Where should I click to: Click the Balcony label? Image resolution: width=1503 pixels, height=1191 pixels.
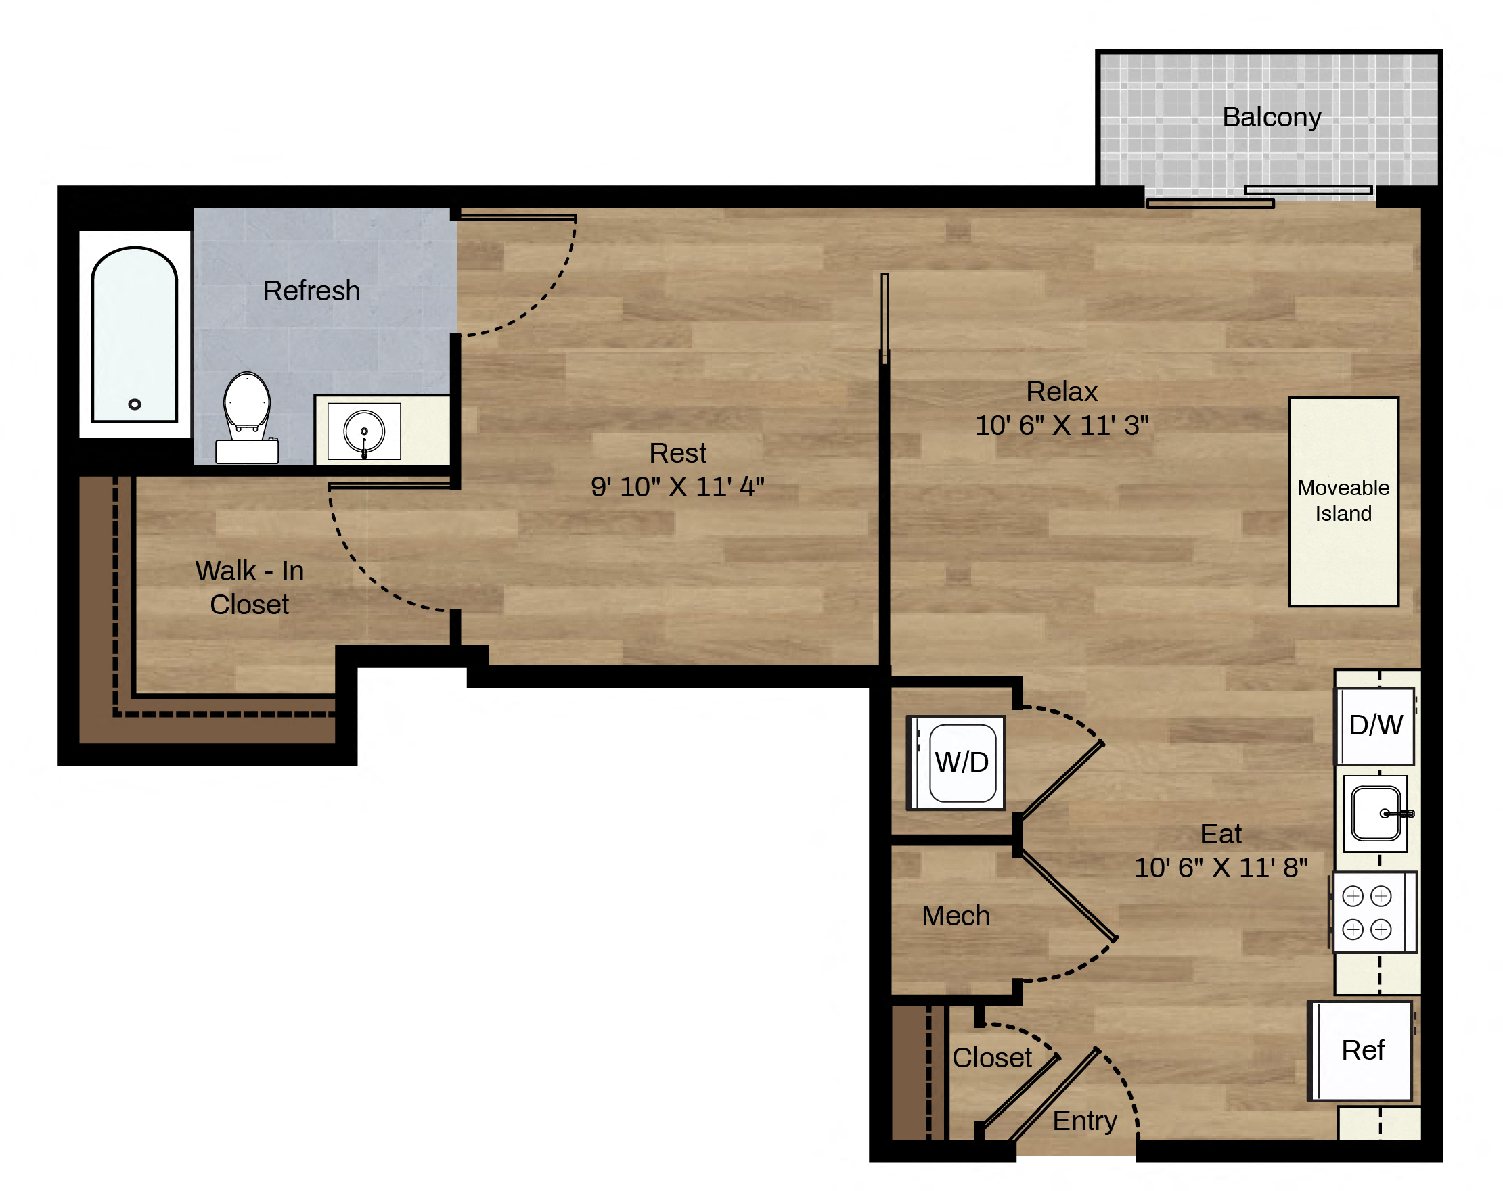pos(1272,117)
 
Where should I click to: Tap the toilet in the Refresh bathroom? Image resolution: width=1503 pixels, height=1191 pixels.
pos(247,417)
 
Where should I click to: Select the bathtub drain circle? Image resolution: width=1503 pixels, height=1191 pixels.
pos(135,404)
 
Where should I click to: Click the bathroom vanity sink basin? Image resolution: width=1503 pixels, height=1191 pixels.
pos(364,431)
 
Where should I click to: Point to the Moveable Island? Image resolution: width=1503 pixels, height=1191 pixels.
pos(1343,502)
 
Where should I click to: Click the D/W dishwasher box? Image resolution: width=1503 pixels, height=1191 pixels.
pos(1375,726)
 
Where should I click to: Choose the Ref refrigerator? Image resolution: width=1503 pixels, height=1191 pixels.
pos(1361,1051)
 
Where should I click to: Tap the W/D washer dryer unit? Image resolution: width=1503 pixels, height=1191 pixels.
pos(956,762)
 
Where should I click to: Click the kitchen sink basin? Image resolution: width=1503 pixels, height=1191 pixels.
pos(1375,814)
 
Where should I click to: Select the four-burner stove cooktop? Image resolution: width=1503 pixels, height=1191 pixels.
pos(1374,912)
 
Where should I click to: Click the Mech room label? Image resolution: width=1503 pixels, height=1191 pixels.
pos(956,916)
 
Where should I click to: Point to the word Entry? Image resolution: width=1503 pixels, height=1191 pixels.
pos(1085,1121)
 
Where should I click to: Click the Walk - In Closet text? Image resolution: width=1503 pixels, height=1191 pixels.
pos(250,588)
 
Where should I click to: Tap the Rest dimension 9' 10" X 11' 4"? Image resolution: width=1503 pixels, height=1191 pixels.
pos(677,487)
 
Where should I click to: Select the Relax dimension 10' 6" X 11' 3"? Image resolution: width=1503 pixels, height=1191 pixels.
pos(1062,425)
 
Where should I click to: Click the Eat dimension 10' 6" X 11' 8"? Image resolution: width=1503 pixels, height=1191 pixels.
pos(1221,868)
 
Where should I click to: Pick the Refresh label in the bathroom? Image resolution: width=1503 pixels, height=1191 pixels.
pos(311,291)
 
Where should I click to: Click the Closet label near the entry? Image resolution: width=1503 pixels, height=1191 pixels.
pos(992,1058)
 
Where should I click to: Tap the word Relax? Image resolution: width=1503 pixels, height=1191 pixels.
pos(1062,392)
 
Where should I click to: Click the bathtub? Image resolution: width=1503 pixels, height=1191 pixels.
pos(135,335)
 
